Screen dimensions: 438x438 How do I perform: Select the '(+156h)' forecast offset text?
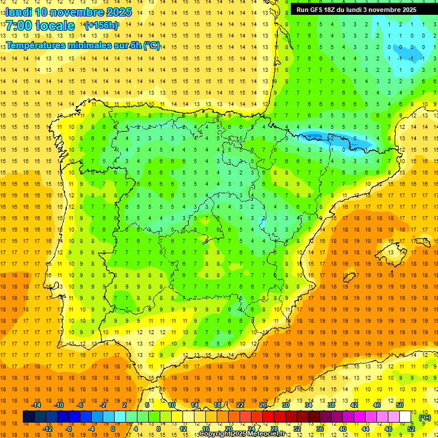[x=101, y=26]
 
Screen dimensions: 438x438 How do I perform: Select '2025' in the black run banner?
[x=407, y=10]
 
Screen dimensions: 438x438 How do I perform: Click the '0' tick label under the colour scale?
[x=112, y=429]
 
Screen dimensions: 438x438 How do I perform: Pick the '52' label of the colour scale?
[x=411, y=429]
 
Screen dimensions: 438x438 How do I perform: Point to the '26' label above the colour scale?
[x=263, y=404]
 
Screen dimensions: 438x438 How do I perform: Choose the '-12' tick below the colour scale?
[x=47, y=429]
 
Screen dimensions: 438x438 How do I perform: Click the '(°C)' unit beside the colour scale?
[x=424, y=417]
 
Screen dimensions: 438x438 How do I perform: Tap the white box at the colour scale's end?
[x=405, y=417]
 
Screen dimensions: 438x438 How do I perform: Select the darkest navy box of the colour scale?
[x=29, y=417]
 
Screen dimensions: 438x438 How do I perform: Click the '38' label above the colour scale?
[x=331, y=404]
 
